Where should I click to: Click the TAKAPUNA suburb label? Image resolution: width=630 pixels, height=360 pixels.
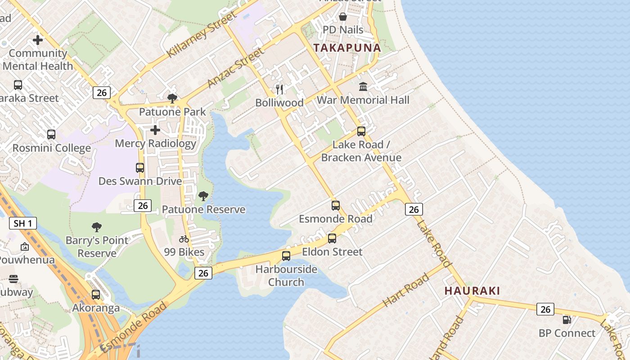pyautogui.click(x=347, y=48)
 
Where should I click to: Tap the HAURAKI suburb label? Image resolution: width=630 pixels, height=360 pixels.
pyautogui.click(x=472, y=291)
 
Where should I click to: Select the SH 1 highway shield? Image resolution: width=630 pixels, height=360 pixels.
pyautogui.click(x=22, y=223)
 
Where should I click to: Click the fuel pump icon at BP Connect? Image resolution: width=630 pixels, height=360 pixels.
pyautogui.click(x=567, y=320)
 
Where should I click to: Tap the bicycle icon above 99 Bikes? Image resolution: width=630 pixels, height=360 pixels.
pyautogui.click(x=184, y=239)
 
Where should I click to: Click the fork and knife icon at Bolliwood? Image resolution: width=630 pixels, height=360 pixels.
pyautogui.click(x=279, y=89)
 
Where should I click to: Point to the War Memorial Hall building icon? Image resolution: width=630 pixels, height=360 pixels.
pyautogui.click(x=363, y=86)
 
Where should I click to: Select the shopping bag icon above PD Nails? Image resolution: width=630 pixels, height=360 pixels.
pyautogui.click(x=343, y=17)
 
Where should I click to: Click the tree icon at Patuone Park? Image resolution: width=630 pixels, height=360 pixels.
pyautogui.click(x=172, y=98)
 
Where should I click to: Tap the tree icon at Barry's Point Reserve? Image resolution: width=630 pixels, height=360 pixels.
pyautogui.click(x=96, y=227)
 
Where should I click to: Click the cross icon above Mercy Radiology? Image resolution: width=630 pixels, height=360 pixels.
pyautogui.click(x=155, y=130)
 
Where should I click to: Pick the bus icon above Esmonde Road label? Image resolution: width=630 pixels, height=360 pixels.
pyautogui.click(x=336, y=206)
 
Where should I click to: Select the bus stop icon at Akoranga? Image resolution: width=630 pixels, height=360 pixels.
pyautogui.click(x=96, y=295)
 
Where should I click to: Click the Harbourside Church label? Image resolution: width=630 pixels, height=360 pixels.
pyautogui.click(x=286, y=276)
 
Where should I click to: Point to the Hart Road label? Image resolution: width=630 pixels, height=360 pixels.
pyautogui.click(x=406, y=290)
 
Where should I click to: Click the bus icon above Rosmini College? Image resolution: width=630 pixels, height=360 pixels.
pyautogui.click(x=51, y=135)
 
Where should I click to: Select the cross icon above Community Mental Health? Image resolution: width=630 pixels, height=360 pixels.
pyautogui.click(x=38, y=40)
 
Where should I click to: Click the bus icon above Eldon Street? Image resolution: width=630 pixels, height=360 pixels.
pyautogui.click(x=332, y=238)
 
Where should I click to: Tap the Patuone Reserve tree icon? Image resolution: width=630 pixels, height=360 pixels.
pyautogui.click(x=203, y=196)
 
